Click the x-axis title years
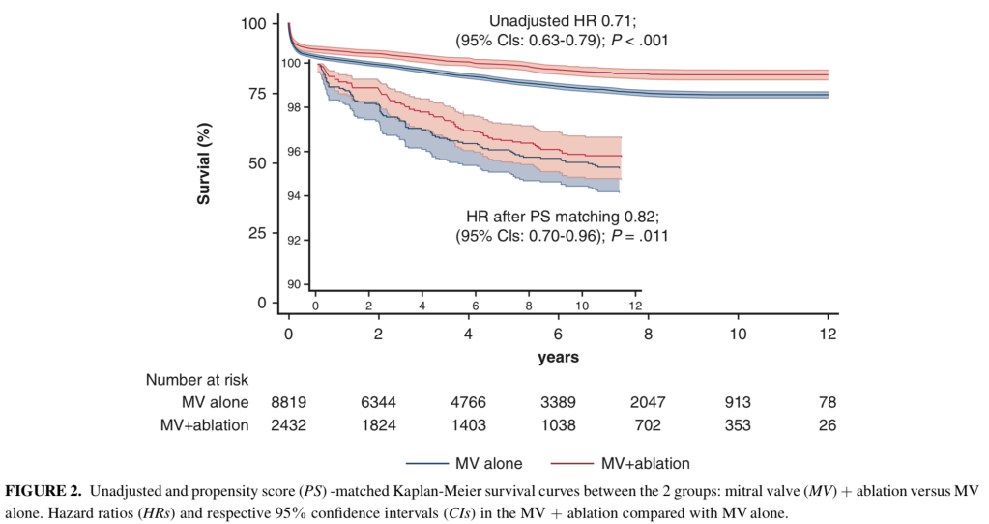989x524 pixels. pos(558,357)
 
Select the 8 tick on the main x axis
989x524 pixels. pos(648,333)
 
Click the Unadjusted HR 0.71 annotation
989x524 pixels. pos(562,20)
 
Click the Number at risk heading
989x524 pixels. pos(197,380)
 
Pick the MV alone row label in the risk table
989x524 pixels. pos(215,402)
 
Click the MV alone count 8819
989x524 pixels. pos(288,402)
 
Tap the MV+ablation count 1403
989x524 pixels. pos(468,423)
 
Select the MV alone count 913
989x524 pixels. pos(738,402)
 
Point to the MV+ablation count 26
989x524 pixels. pos(828,423)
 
